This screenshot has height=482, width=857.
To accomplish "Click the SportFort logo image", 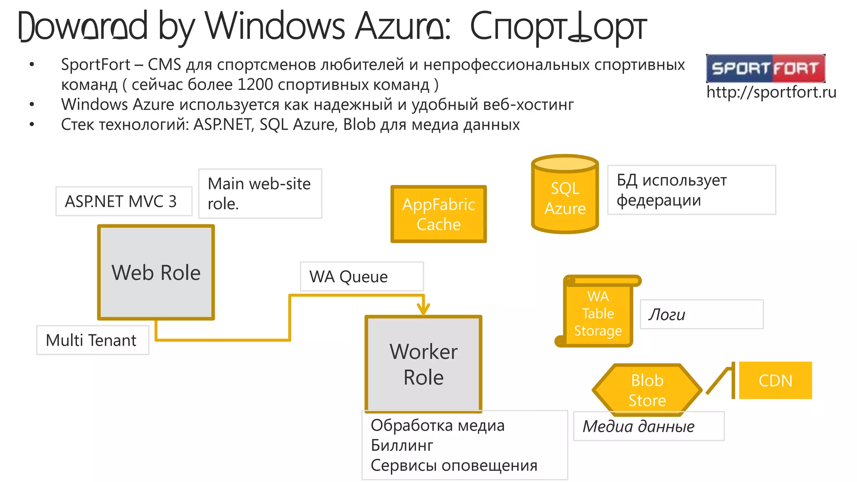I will click(x=765, y=68).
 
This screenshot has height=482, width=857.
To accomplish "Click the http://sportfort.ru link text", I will click(x=771, y=92).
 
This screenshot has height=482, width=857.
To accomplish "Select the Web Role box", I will click(x=156, y=272).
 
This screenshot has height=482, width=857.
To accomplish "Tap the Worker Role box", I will click(x=423, y=364).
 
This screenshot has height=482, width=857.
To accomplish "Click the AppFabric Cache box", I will click(x=439, y=214).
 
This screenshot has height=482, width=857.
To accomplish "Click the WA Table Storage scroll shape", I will click(x=598, y=313).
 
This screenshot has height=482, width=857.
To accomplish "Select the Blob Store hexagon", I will click(x=647, y=390).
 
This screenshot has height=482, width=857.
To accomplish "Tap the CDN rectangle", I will click(x=775, y=380).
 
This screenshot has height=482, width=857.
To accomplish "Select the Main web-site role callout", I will click(x=260, y=193).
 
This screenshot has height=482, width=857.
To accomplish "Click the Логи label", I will click(x=701, y=314).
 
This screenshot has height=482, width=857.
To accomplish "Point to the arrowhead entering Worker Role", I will click(x=423, y=310).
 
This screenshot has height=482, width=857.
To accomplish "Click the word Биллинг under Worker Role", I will click(x=402, y=445).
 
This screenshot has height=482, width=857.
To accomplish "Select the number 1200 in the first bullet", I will click(x=255, y=85).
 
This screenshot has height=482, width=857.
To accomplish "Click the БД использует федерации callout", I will click(x=691, y=190).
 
